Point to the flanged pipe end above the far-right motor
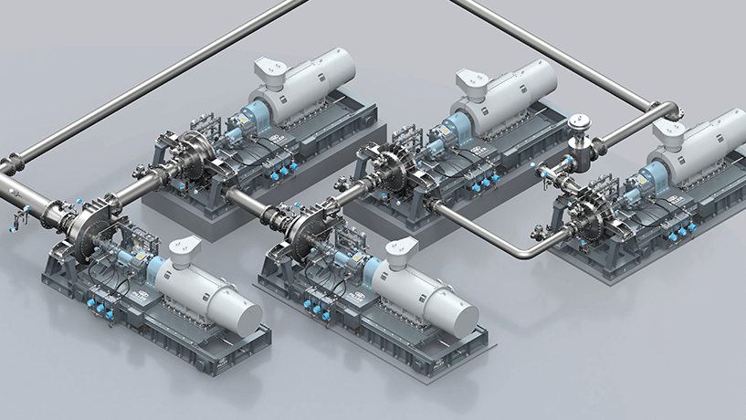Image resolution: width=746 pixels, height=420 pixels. [671, 110]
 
